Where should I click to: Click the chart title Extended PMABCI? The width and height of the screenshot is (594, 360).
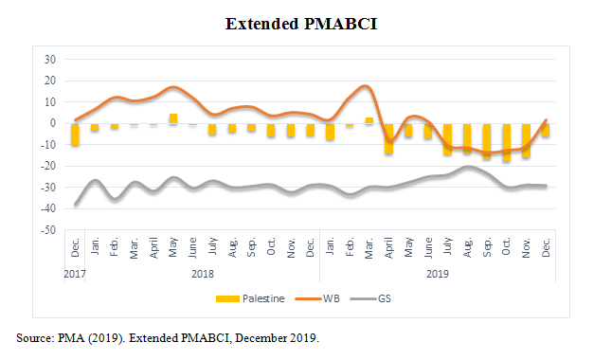[301, 24]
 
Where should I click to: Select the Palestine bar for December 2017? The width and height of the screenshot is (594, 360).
[75, 135]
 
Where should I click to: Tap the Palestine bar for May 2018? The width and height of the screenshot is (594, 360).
[173, 118]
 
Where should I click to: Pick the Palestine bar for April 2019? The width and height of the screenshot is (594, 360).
[388, 138]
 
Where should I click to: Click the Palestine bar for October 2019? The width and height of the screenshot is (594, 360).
[507, 142]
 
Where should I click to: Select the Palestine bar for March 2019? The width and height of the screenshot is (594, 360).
[369, 120]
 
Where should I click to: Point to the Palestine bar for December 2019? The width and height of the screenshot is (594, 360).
[546, 130]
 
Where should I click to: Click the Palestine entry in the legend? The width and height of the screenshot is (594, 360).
[250, 298]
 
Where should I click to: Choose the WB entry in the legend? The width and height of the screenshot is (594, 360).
[317, 298]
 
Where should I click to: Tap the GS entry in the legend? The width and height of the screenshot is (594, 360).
[370, 298]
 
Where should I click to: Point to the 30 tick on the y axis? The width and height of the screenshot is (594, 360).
[50, 60]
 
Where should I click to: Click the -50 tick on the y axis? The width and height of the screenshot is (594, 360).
[48, 230]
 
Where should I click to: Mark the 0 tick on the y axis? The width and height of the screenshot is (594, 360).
[53, 123]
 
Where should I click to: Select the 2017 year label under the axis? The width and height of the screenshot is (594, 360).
[75, 274]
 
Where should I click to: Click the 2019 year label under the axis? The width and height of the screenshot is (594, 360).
[438, 274]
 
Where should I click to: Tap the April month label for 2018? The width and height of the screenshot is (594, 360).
[153, 248]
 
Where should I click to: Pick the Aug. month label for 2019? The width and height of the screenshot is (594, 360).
[467, 248]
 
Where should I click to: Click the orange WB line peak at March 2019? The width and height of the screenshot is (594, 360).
[365, 86]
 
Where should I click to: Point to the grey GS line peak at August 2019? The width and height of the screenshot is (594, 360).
[468, 167]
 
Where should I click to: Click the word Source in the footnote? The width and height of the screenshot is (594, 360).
[35, 337]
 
